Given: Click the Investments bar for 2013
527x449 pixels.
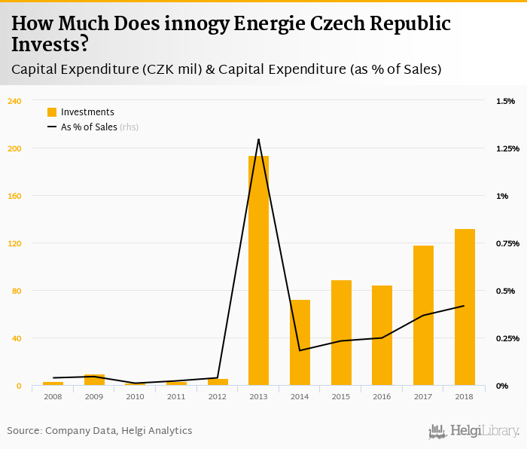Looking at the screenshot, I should point(258,271).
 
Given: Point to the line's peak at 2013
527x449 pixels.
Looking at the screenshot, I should point(258,139).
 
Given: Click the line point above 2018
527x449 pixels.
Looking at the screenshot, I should point(465,306).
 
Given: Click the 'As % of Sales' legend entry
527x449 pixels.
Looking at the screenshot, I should point(89,127).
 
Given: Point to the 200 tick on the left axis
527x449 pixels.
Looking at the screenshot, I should point(15,148).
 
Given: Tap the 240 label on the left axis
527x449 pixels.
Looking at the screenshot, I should point(15,101).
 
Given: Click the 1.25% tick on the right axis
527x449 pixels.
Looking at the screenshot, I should point(507,148).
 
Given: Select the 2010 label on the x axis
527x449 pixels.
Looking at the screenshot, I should point(135,396).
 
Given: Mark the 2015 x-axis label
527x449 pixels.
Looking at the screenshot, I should point(341,396).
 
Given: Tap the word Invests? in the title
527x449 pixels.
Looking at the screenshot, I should point(50,44).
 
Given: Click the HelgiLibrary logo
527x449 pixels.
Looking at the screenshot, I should point(474,431).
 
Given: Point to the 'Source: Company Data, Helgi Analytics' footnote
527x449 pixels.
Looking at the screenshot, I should point(100,431).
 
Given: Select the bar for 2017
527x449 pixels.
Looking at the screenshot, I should point(423,316).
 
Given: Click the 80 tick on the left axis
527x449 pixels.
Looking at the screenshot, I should point(17,291).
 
